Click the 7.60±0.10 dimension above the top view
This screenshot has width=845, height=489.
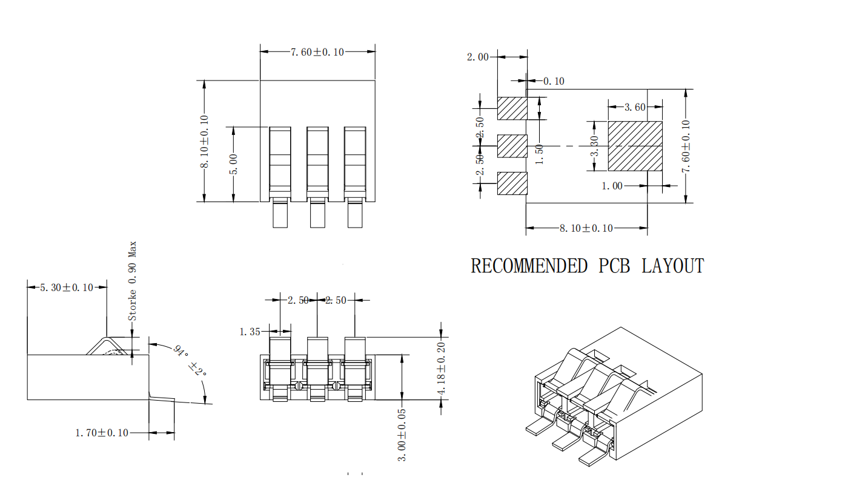(317, 52)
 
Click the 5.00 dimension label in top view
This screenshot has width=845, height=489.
(233, 164)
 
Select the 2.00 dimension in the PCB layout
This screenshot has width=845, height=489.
(477, 57)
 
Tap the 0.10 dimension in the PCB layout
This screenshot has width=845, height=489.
(553, 81)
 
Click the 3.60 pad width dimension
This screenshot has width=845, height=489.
(634, 107)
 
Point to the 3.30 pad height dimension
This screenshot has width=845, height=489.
(595, 146)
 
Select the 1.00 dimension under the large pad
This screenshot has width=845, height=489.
(612, 186)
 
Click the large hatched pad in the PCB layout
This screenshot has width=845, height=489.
(635, 146)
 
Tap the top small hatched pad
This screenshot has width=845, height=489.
(512, 108)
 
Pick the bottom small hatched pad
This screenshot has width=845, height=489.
(512, 183)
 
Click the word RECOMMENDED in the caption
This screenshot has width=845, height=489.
(529, 266)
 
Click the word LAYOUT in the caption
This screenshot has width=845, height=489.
(672, 266)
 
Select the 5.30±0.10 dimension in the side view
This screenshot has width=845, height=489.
(67, 287)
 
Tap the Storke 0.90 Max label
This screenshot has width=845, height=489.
(132, 281)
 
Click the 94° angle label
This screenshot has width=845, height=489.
(179, 350)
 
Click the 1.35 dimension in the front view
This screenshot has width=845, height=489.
(250, 331)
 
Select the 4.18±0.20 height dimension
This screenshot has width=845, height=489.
(442, 369)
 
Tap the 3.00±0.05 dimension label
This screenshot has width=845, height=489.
(402, 435)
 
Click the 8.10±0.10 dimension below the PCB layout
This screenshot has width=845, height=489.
(586, 228)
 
